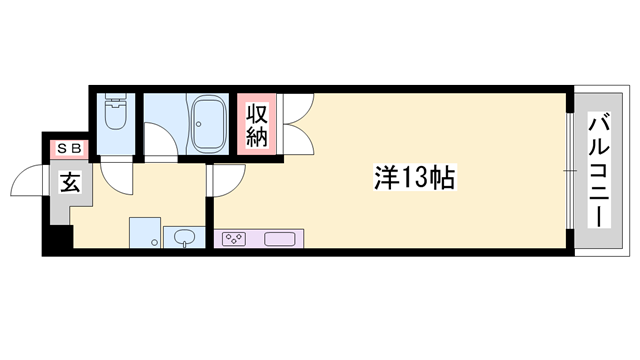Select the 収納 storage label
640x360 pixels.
(257, 123)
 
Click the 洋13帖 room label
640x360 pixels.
(414, 179)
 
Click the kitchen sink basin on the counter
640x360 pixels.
(279, 239)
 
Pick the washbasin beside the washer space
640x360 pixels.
(185, 238)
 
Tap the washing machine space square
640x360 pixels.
(145, 231)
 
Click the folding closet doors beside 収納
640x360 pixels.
(297, 125)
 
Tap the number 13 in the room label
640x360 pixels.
(414, 179)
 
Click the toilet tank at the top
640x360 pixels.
(114, 101)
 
